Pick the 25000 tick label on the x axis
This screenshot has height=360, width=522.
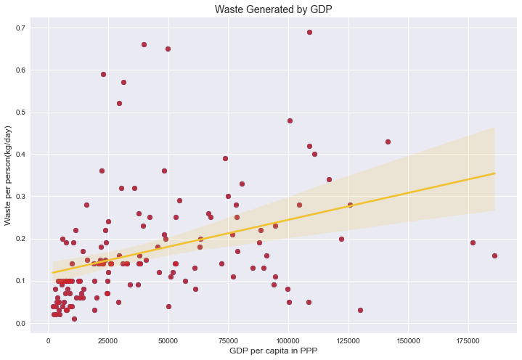[x=108, y=339]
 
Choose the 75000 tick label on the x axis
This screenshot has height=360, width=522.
[x=228, y=339]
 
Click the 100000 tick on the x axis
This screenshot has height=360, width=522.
[x=288, y=339]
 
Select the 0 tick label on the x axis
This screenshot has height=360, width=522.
[x=48, y=339]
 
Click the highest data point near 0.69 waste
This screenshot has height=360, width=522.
[x=309, y=32]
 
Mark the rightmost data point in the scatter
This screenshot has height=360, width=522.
[x=494, y=255]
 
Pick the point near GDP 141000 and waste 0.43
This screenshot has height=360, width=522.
[x=388, y=142]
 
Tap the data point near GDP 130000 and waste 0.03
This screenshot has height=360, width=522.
[x=360, y=310]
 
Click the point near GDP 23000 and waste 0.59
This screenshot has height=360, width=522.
[x=103, y=74]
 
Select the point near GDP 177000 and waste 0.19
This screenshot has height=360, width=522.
[x=473, y=242]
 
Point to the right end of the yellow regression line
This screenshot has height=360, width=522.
[x=494, y=173]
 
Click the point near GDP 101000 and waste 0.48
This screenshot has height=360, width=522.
[x=290, y=120]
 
